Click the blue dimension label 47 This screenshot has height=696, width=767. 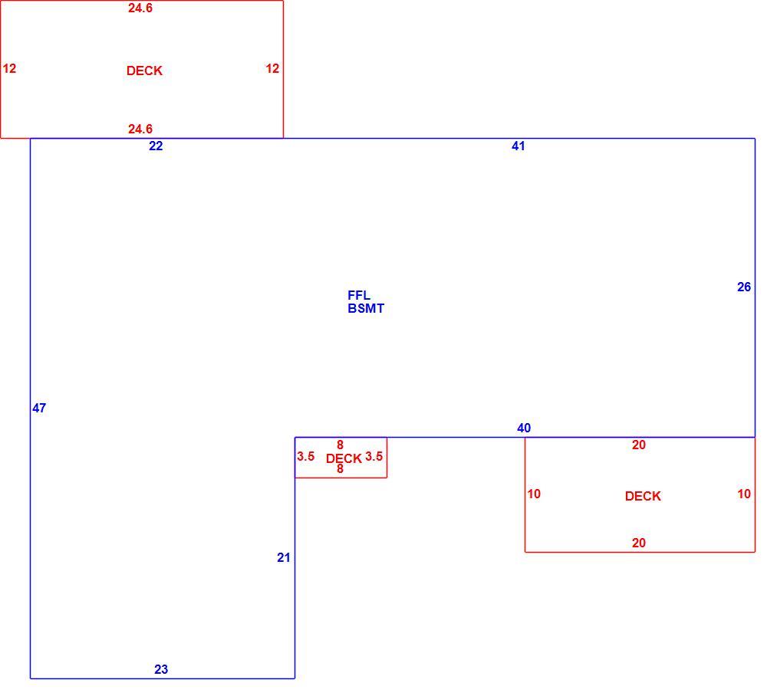point(39,408)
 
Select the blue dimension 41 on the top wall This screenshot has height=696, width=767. point(518,146)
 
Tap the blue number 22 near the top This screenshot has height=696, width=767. point(156,146)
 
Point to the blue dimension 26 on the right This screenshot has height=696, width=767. point(744,287)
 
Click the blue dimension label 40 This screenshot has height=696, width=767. point(524,428)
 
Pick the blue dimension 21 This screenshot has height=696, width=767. point(284,558)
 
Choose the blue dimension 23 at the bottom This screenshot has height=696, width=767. point(161,670)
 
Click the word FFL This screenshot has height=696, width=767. point(359,295)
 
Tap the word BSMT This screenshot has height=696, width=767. point(366,308)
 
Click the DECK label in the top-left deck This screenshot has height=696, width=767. point(144,71)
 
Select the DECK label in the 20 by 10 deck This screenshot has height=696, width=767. point(643,496)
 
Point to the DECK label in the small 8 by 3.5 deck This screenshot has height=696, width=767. point(344,458)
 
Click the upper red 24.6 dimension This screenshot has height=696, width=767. point(140,8)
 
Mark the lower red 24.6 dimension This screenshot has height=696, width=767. point(140,129)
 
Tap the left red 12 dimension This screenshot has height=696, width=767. point(9,68)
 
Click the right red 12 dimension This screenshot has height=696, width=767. point(272,68)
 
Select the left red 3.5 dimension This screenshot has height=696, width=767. point(306,457)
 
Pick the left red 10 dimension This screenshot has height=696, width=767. point(534,494)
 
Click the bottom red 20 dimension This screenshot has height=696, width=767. point(639,543)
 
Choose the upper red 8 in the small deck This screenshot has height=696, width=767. point(340,445)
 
